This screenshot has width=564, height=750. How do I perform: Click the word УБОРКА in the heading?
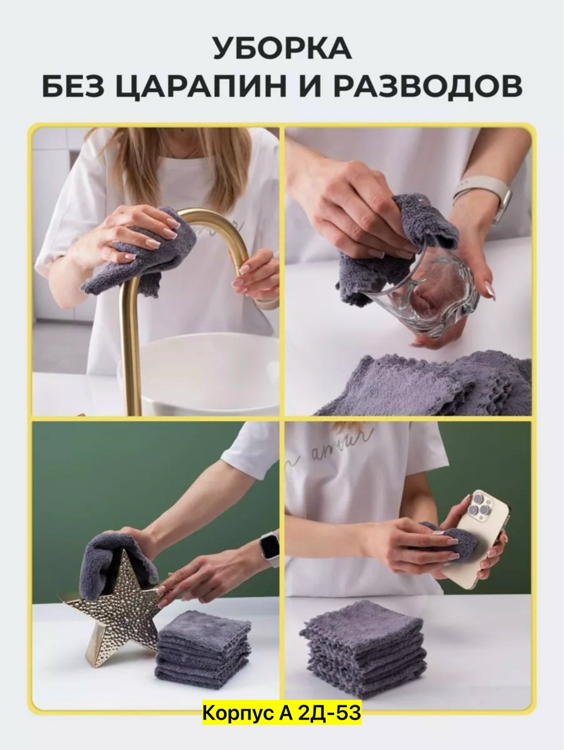coord(282,49)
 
